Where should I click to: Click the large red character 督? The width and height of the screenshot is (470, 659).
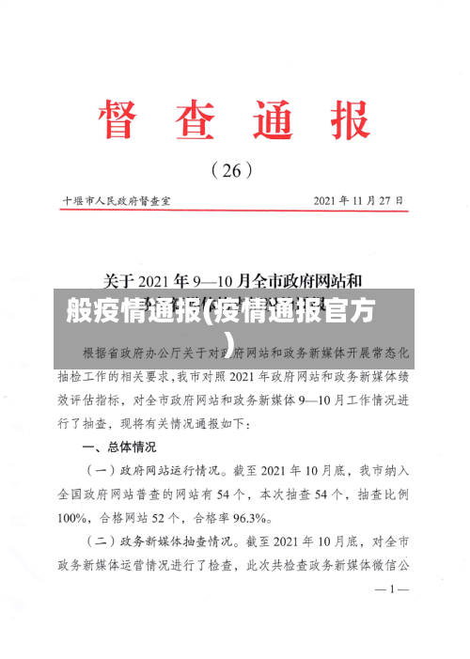pos(127,120)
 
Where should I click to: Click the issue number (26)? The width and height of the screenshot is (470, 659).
pos(234,170)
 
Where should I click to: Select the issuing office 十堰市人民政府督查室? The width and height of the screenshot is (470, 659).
pos(122,200)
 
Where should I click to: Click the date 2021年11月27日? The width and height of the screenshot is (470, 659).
pos(358,200)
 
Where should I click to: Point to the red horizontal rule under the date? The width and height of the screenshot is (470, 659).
pos(235,212)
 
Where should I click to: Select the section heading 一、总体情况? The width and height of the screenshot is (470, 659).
pos(119,447)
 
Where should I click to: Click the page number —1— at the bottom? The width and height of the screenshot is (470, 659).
pos(391,617)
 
